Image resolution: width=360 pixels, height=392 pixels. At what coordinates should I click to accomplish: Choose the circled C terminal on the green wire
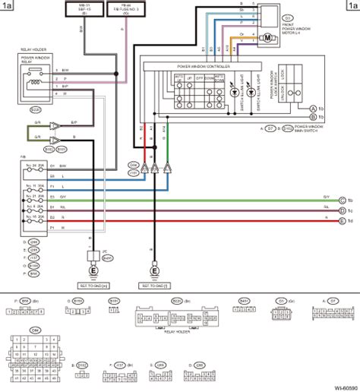point(343,200)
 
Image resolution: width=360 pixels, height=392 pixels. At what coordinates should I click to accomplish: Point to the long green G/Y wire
point(228,200)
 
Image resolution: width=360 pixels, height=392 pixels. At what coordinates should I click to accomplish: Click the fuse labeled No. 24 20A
point(33,165)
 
